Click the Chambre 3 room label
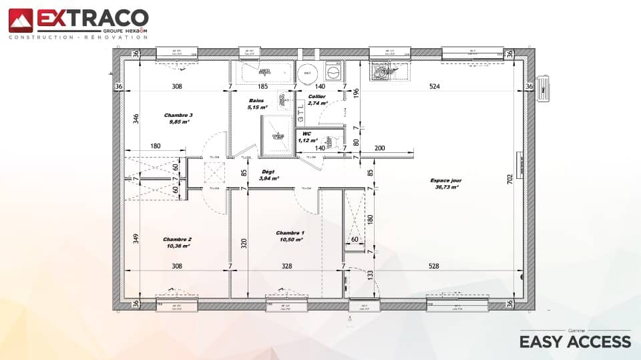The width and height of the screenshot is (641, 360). point(178,115)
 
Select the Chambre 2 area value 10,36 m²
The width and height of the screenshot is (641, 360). point(177,246)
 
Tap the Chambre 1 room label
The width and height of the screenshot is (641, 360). point(290,233)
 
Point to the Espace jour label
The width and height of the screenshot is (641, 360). point(446,180)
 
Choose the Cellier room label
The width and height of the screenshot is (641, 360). point(317,96)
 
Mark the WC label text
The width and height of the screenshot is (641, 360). point(307,134)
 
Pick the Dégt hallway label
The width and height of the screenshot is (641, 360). point(268,172)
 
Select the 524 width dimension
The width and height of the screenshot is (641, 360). point(435,86)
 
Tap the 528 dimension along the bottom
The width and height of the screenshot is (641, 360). point(433,266)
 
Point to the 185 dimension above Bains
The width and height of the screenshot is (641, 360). point(262,86)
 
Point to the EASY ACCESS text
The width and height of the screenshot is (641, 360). point(575,342)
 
